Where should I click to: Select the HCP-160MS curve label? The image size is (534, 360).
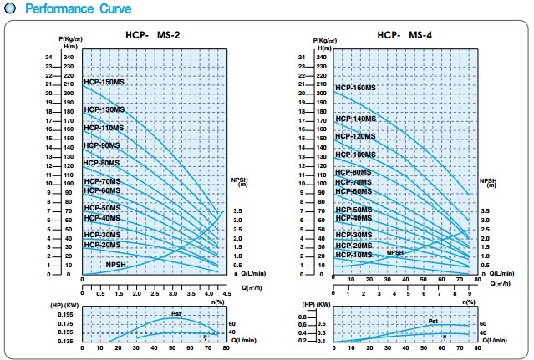pos(355,88)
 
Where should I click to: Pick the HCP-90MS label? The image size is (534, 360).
pos(101,146)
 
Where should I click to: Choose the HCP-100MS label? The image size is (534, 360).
pos(355,155)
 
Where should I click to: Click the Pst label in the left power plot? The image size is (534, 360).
pos(175,313)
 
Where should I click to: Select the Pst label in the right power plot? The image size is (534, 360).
pos(433,321)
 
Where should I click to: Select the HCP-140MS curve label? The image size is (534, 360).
pos(355,119)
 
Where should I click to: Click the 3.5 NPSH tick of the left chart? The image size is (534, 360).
pos(237,211)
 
